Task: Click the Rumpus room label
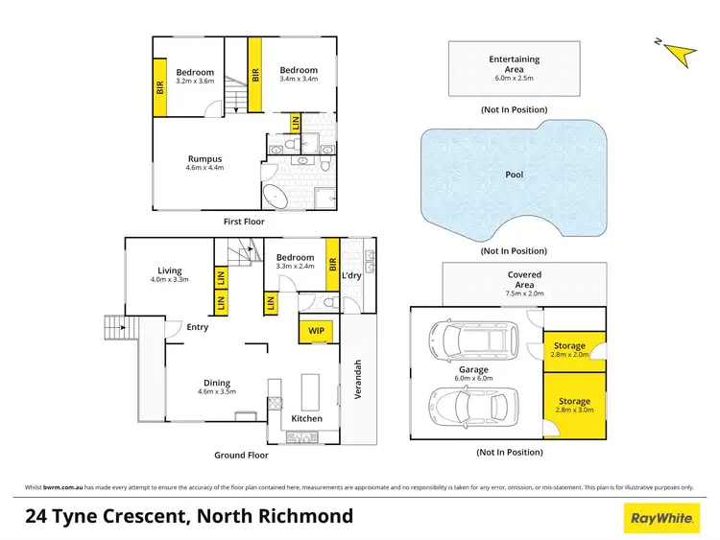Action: point(204,159)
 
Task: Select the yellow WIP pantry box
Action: point(315,331)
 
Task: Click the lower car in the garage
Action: point(473,408)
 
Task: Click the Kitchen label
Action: point(307,418)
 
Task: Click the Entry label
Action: point(198,327)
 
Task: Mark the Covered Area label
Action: point(524,280)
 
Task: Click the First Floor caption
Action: point(244,222)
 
